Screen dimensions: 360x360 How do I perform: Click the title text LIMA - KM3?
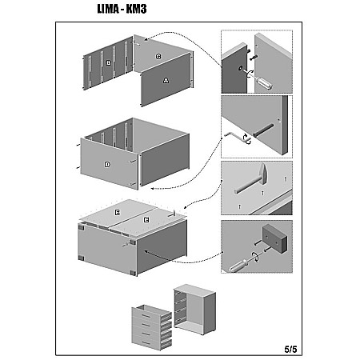(122, 9)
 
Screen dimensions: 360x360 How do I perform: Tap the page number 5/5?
(290, 349)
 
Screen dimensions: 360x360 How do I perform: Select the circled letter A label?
(166, 80)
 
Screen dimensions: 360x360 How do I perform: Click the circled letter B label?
(109, 63)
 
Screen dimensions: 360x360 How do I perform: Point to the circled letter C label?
(158, 57)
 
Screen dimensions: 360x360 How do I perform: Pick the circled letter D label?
(107, 165)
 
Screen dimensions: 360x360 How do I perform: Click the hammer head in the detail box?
(263, 174)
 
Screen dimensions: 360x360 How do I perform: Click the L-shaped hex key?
(237, 137)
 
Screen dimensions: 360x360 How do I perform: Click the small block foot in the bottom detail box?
(275, 239)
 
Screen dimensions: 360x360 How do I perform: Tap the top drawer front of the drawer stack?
(146, 315)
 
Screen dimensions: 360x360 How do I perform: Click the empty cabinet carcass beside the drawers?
(194, 310)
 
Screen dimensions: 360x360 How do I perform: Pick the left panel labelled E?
(118, 213)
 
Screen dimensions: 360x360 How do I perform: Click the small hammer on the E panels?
(171, 214)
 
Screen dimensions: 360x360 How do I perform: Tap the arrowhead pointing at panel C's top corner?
(146, 40)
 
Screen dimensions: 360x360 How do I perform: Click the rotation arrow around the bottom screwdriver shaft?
(256, 257)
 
